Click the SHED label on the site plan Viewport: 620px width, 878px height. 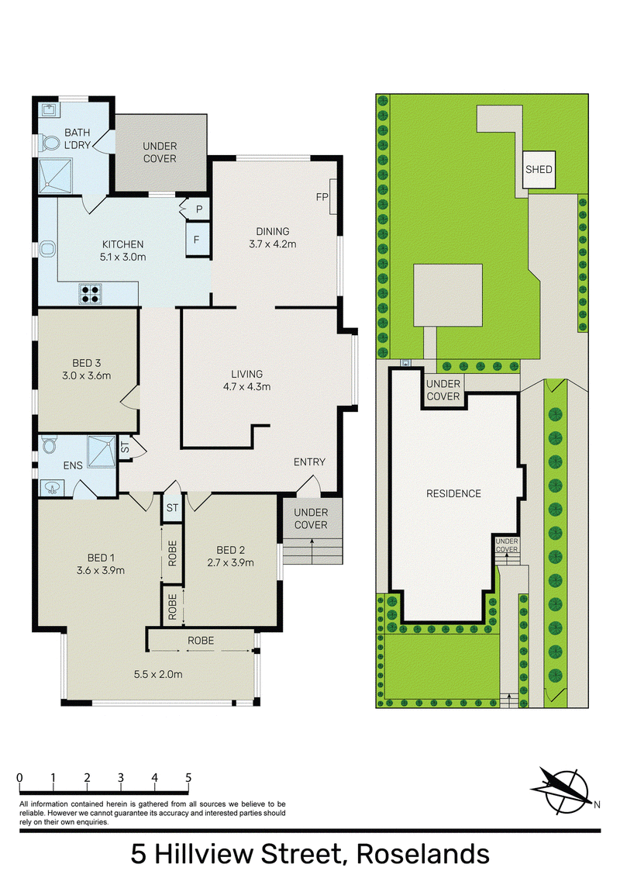(539, 169)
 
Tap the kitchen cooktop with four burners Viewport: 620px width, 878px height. (91, 293)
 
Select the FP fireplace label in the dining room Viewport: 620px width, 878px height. (322, 196)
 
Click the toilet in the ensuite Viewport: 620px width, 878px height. (50, 446)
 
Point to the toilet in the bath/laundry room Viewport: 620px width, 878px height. (50, 144)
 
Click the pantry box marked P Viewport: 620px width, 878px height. (198, 209)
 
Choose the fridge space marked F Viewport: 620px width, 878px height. (197, 240)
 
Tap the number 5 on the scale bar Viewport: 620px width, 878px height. (188, 777)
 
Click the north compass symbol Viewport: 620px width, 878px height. (563, 790)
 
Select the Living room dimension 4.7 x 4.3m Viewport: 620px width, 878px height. (246, 386)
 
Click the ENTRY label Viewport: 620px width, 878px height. (309, 462)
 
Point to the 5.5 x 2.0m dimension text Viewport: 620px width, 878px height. (158, 674)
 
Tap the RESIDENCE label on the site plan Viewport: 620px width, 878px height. (454, 493)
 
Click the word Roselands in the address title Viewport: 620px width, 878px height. (423, 854)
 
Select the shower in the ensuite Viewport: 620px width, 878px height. (102, 451)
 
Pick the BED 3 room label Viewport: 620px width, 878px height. (86, 363)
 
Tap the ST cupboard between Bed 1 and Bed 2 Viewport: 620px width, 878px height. (172, 508)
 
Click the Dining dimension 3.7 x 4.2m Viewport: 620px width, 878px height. (273, 244)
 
